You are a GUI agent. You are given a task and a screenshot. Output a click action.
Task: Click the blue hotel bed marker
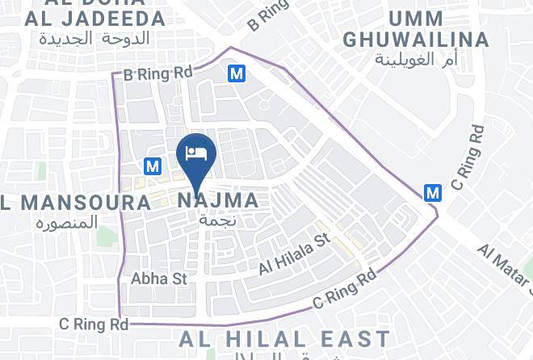[196, 153]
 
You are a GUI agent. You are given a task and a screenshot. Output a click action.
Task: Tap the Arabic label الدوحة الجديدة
[94, 40]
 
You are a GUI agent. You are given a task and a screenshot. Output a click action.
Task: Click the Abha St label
[159, 278]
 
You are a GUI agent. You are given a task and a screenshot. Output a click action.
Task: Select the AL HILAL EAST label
[286, 338]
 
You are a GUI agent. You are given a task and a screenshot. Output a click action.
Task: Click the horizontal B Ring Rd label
[157, 73]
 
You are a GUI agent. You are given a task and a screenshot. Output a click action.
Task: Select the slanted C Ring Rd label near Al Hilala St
[345, 288]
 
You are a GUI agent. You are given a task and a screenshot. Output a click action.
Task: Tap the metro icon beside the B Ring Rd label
[236, 73]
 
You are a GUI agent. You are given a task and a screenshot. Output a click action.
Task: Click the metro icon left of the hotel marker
[152, 165]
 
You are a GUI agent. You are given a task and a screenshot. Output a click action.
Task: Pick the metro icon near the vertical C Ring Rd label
[433, 193]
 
